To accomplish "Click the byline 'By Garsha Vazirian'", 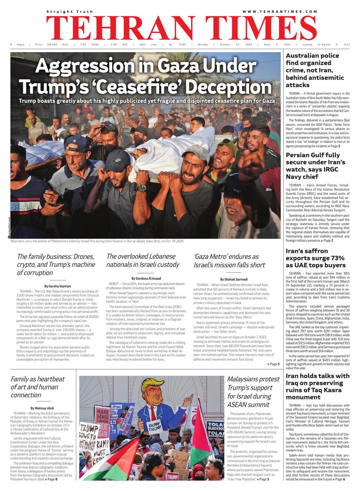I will click(58, 286).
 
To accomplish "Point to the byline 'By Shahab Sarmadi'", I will click(234, 279).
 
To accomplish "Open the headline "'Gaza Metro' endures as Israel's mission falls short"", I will click(229, 261).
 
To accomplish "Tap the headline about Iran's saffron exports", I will click(316, 258).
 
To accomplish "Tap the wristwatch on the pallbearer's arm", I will click(141, 188).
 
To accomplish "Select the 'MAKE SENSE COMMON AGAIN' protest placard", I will click(102, 420).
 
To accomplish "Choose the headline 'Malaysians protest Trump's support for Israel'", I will click(253, 391).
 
